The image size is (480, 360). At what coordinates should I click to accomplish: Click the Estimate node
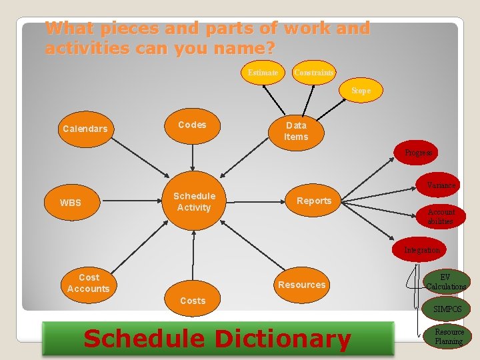(x=263, y=72)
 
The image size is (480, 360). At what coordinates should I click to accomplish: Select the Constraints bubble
(x=313, y=72)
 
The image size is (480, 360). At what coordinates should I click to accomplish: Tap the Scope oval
(x=361, y=91)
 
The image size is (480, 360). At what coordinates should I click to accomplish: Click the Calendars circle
(x=85, y=129)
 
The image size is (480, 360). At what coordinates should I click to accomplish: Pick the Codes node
(x=192, y=125)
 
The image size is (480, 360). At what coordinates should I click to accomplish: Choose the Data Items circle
(x=296, y=131)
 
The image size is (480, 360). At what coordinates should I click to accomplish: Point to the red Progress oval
(x=418, y=153)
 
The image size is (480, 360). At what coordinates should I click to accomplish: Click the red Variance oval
(x=441, y=185)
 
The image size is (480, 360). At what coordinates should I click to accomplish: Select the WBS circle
(x=71, y=203)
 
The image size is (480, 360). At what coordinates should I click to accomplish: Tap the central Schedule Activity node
(x=194, y=201)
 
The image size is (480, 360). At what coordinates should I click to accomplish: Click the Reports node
(x=314, y=201)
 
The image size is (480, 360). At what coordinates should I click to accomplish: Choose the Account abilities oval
(x=441, y=216)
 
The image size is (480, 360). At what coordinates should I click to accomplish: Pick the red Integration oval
(x=422, y=250)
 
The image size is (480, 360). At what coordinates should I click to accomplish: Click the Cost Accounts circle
(x=88, y=283)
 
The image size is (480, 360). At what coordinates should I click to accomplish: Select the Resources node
(x=302, y=285)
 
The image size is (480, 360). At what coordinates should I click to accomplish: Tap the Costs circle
(x=193, y=301)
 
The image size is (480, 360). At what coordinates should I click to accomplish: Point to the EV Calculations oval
(x=446, y=282)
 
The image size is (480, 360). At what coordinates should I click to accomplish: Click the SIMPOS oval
(x=447, y=309)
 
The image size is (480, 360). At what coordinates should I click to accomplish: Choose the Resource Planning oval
(x=449, y=336)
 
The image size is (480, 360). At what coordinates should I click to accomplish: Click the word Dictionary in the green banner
(x=280, y=339)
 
